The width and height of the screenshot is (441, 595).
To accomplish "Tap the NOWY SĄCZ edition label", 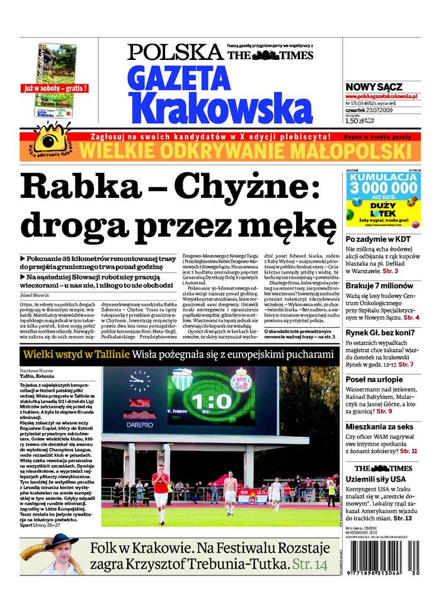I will tap(374, 86).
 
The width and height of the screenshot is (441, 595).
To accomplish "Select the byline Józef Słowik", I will tap(35, 295).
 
